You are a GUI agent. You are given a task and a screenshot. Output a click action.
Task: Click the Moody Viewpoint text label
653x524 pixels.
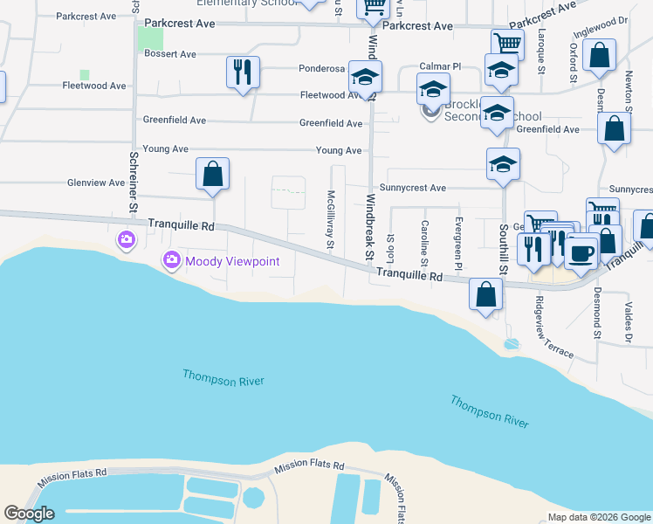[225, 261]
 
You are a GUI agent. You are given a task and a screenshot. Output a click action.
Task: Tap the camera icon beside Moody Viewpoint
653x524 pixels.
[170, 260]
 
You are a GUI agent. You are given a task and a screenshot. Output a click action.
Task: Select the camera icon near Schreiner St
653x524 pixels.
[127, 239]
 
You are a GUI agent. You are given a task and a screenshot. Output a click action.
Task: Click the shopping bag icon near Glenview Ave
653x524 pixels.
[212, 175]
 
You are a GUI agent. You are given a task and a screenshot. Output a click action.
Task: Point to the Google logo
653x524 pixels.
[29, 514]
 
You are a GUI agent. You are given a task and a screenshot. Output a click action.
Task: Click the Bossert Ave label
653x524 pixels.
[170, 54]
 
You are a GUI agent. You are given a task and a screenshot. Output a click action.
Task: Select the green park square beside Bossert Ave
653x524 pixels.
[150, 38]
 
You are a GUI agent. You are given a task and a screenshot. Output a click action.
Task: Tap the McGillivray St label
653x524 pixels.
[331, 220]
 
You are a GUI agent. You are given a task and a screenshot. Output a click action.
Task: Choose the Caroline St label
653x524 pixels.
[424, 243]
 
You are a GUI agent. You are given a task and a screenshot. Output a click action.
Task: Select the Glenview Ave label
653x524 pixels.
[96, 183]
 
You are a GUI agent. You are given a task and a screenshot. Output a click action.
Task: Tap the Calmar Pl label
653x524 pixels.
[439, 66]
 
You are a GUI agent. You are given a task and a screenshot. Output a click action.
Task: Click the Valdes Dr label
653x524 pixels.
[628, 322]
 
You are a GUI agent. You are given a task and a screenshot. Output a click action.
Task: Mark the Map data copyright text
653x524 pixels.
[598, 517]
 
